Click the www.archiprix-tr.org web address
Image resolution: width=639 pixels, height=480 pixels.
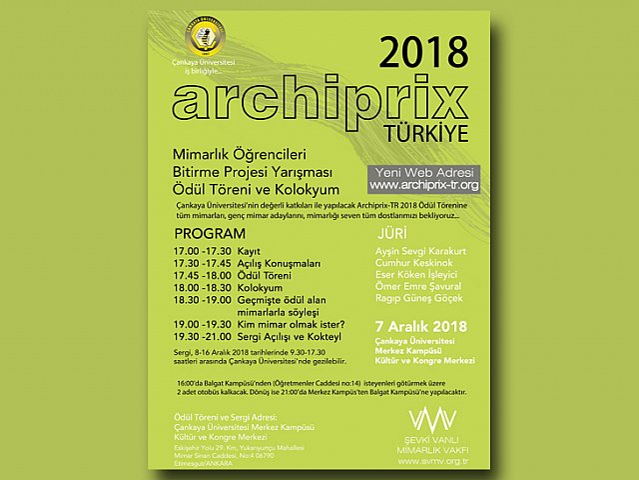coord(424,185)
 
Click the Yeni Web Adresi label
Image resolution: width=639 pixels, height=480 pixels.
coord(423,171)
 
